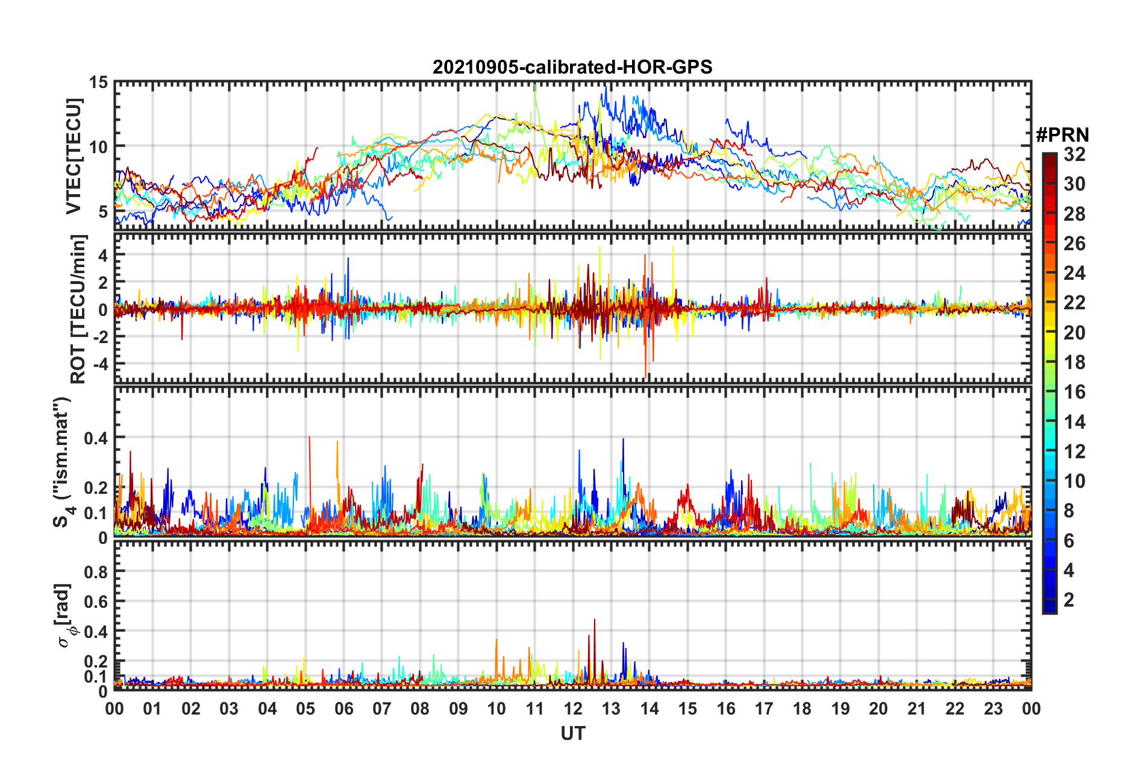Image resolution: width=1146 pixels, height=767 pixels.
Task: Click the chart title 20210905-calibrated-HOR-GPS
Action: point(572,67)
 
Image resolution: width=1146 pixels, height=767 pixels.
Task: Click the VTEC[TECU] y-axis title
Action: point(74,156)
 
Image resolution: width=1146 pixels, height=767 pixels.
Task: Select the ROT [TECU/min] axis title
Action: point(78,309)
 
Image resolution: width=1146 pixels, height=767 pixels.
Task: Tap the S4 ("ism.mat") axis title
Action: point(62,462)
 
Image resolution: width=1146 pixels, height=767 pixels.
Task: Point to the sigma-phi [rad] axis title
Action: point(65,615)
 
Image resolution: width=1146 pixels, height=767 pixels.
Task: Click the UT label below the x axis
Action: point(572,733)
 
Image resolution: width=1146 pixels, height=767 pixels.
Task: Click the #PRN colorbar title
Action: point(1062,135)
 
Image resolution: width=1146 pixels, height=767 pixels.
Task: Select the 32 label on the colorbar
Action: point(1074,154)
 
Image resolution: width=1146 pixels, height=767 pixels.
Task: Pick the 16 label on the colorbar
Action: point(1074,392)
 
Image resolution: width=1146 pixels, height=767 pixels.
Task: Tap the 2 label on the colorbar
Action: point(1069,599)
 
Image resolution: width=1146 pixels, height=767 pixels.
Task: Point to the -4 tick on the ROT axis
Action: point(99,364)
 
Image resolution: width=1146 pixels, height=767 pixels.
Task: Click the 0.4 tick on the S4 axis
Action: point(96,438)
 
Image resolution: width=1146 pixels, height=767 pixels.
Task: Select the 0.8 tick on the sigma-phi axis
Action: point(96,572)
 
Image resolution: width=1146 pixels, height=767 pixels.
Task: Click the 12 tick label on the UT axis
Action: point(573,709)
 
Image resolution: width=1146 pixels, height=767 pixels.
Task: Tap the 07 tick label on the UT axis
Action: point(382,709)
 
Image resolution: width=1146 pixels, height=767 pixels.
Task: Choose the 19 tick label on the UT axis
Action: point(841,709)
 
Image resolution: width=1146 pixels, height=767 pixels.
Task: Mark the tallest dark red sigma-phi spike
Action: point(595,620)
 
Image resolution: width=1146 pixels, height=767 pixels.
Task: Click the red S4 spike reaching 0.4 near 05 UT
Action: point(309,438)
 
